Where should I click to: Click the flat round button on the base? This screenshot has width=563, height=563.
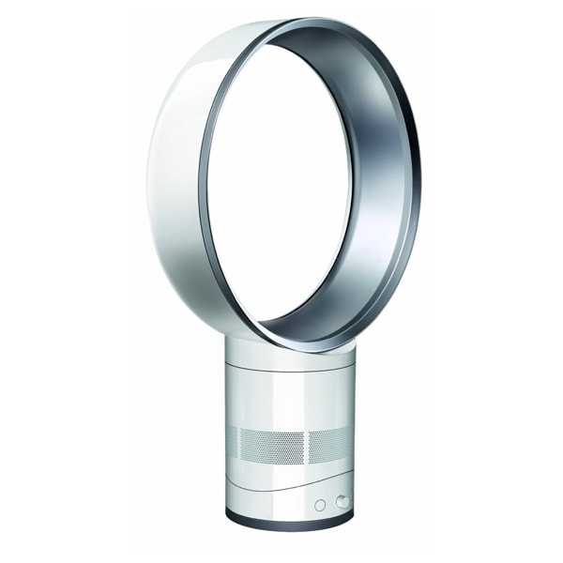tap(320, 504)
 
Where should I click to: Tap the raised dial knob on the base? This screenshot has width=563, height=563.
tap(342, 501)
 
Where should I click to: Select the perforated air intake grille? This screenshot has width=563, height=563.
tap(291, 443)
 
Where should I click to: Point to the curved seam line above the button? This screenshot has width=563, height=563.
tap(310, 479)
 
